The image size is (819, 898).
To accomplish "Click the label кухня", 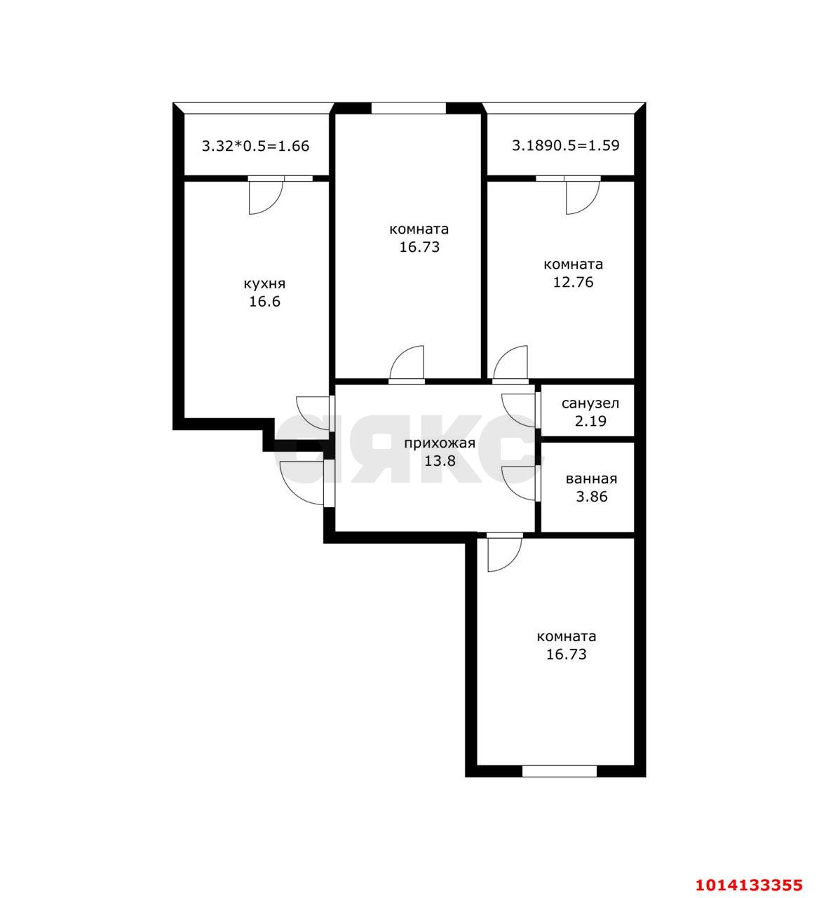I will [x=264, y=284].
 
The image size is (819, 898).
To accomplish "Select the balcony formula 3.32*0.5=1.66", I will [x=255, y=147].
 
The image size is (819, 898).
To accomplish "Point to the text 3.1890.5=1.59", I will [x=565, y=146].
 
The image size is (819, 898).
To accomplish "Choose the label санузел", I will [x=590, y=403].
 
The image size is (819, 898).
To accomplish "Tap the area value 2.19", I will [x=590, y=421].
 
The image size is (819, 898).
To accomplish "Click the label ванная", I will [x=591, y=479].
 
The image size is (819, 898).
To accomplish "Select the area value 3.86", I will [x=590, y=497].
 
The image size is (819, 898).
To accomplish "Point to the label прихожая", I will [x=440, y=443].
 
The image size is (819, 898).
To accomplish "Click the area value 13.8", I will [x=440, y=461].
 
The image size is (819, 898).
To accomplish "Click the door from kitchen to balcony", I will [x=265, y=196].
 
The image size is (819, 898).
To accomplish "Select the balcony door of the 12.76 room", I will [x=583, y=196].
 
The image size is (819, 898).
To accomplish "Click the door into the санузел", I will [x=520, y=410].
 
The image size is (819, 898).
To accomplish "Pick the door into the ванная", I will [x=520, y=483].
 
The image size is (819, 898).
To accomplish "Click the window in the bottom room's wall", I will [x=559, y=771].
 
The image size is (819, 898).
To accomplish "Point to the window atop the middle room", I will [x=408, y=108].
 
